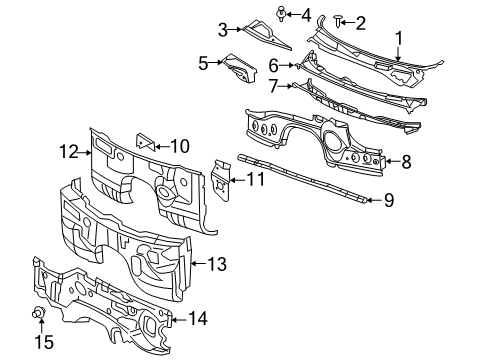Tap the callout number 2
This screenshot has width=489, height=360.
tap(361, 21)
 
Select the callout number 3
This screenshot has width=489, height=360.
tap(224, 29)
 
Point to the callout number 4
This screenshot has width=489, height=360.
tap(306, 14)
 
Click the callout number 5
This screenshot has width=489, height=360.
tap(203, 63)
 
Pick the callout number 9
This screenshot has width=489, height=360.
tap(388, 200)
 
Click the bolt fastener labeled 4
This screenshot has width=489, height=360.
tap(283, 13)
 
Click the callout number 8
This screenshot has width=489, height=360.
tap(406, 160)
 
